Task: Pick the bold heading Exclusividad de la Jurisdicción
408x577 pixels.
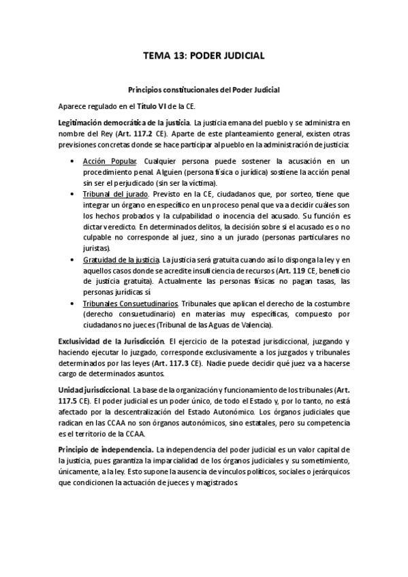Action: point(112,340)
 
